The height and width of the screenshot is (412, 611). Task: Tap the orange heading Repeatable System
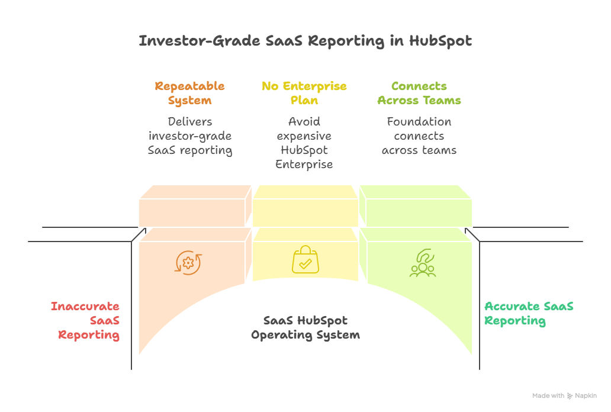point(189,93)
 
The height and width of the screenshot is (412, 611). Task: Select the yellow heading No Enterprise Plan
point(304,93)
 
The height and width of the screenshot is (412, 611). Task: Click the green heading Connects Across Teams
point(419,93)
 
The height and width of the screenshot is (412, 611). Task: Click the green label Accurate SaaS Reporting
point(528,313)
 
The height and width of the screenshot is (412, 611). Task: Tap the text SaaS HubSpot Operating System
point(305,327)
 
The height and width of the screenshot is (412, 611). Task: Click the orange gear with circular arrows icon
point(189,262)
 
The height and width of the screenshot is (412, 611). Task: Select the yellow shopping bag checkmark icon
point(305,260)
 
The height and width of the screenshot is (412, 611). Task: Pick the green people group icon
point(422,263)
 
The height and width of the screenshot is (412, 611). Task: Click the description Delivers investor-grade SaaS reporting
point(189,136)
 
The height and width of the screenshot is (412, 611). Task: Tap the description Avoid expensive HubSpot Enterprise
point(304,143)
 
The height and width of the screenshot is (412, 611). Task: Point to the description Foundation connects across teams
point(419,136)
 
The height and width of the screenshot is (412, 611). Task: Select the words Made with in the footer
point(548,395)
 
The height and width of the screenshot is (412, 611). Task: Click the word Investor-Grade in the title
point(188,41)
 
